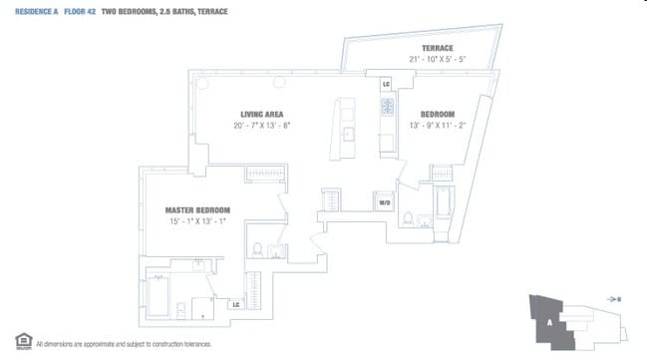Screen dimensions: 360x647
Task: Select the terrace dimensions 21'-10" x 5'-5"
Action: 436,60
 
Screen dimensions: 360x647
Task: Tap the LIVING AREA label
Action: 260,114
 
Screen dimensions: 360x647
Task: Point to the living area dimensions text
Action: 260,126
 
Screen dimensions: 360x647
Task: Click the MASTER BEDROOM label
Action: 197,210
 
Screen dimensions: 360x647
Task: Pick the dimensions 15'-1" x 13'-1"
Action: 197,222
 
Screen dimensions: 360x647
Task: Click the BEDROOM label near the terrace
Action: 440,114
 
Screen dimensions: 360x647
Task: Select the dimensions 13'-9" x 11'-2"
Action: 440,126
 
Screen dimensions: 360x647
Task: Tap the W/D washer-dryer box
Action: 384,201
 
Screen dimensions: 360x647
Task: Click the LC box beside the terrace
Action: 386,84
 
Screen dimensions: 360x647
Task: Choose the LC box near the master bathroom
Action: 235,304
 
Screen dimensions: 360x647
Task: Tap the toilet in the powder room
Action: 257,249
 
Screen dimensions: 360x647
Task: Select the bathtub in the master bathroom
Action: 158,296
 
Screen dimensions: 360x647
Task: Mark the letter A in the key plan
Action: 547,323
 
